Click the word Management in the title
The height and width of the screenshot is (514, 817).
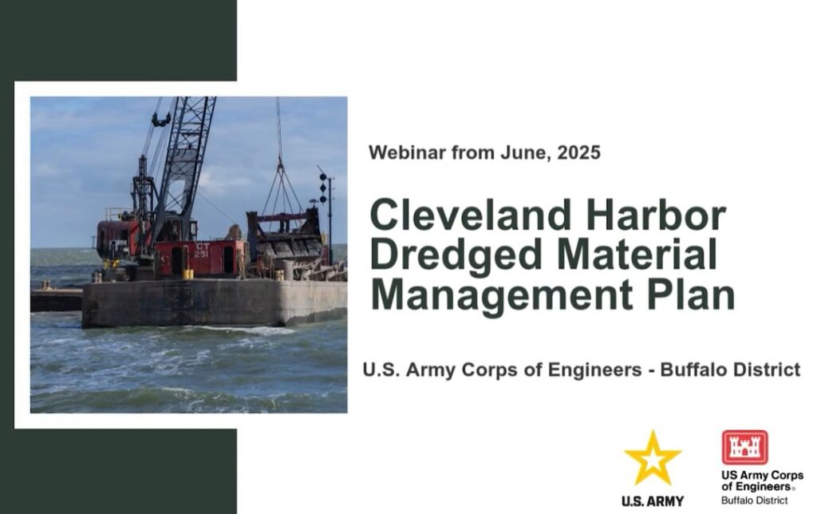tap(502, 295)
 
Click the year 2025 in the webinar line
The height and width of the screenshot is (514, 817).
tap(579, 152)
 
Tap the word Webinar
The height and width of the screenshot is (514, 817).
tap(407, 152)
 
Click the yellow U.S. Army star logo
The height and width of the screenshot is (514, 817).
tap(653, 457)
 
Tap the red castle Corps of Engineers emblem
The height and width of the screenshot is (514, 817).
tap(744, 447)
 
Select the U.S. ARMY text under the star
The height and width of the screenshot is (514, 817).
tap(653, 501)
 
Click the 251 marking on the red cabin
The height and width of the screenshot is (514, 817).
tap(201, 255)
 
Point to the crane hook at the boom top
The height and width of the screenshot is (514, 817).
tap(161, 120)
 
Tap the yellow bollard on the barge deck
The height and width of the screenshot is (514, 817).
tap(188, 275)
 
